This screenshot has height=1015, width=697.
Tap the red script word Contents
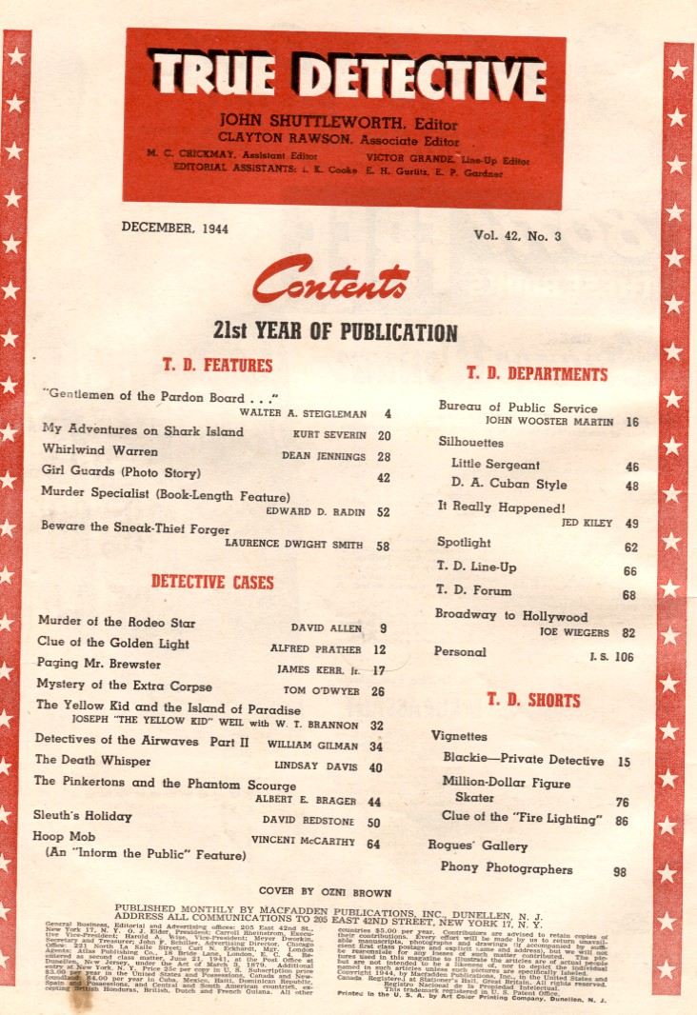330,282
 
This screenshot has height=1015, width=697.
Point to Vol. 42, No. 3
519,234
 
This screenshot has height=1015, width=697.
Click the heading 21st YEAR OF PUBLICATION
335,332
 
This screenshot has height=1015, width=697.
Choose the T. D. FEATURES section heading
217,366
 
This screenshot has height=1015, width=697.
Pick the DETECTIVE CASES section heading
212,582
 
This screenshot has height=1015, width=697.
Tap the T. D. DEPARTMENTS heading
537,373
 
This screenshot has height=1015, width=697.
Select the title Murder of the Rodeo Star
116,623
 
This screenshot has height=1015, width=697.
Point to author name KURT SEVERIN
331,435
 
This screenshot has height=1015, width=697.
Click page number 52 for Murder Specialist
383,512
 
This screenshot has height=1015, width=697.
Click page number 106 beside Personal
624,656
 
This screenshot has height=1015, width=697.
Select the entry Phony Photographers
507,868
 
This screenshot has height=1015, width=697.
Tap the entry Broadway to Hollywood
511,616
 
